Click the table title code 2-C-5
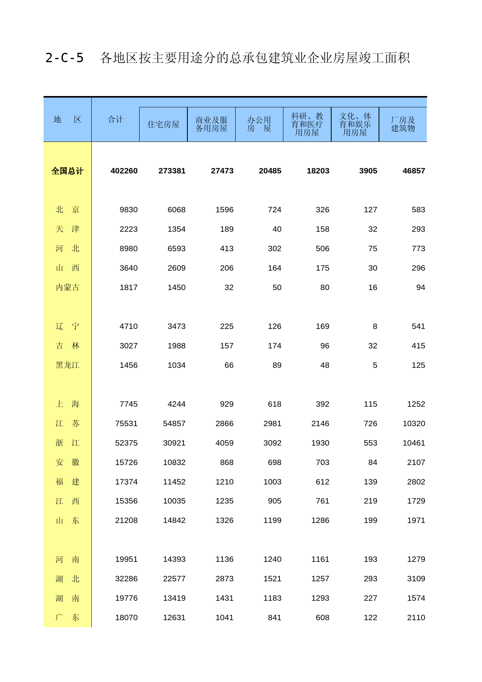coord(65,58)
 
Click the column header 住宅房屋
coord(163,124)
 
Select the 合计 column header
coord(115,119)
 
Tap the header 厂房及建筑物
coord(403,124)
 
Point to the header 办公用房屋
coord(259,124)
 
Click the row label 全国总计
coord(67,171)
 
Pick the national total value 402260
coord(124,171)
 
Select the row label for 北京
coord(67,210)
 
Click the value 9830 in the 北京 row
coord(129,210)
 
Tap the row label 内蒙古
coord(67,287)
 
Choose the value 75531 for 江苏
coord(126,423)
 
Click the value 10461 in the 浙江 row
coord(414,443)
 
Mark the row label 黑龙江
coord(67,365)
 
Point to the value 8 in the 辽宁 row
coord(375,326)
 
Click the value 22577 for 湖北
coord(174,579)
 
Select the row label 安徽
coord(67,462)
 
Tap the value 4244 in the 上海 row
coord(176,404)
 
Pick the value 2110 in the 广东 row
coord(416,617)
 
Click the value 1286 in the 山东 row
coord(320,520)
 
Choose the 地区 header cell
coord(67,119)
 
